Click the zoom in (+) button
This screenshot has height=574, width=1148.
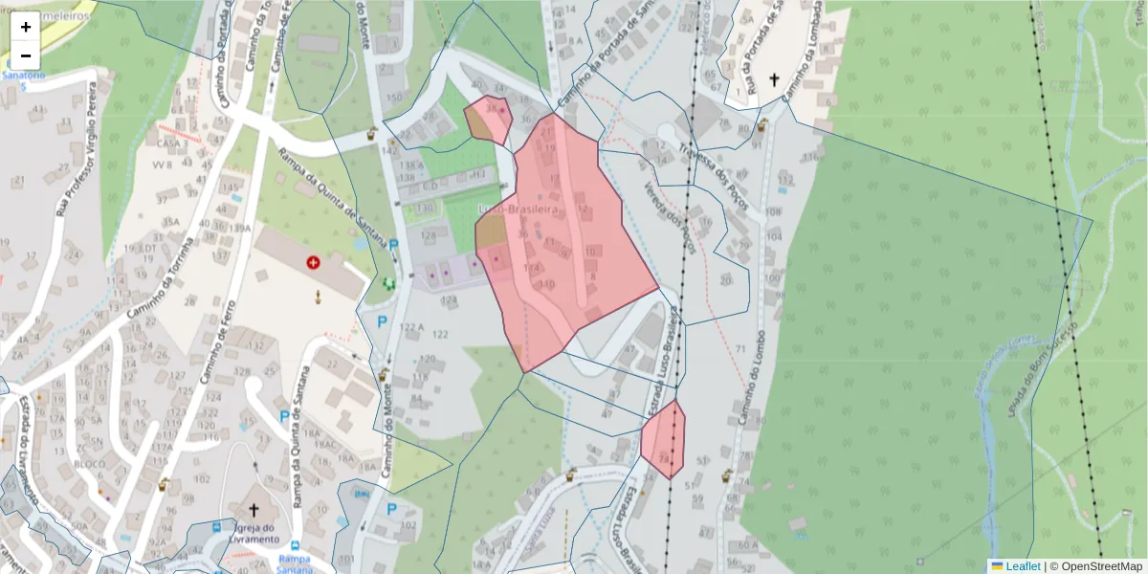pyautogui.click(x=26, y=27)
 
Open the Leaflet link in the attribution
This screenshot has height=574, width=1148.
pyautogui.click(x=1022, y=566)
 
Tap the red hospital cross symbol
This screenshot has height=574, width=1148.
pyautogui.click(x=313, y=262)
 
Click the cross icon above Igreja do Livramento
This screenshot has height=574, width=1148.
pyautogui.click(x=254, y=510)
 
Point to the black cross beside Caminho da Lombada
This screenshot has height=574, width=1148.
pyautogui.click(x=774, y=80)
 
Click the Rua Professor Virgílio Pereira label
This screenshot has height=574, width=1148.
pyautogui.click(x=76, y=164)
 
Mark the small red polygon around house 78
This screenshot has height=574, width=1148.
pyautogui.click(x=663, y=439)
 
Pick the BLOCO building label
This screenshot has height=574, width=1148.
pyautogui.click(x=89, y=464)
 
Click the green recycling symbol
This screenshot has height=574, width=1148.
pyautogui.click(x=388, y=283)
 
